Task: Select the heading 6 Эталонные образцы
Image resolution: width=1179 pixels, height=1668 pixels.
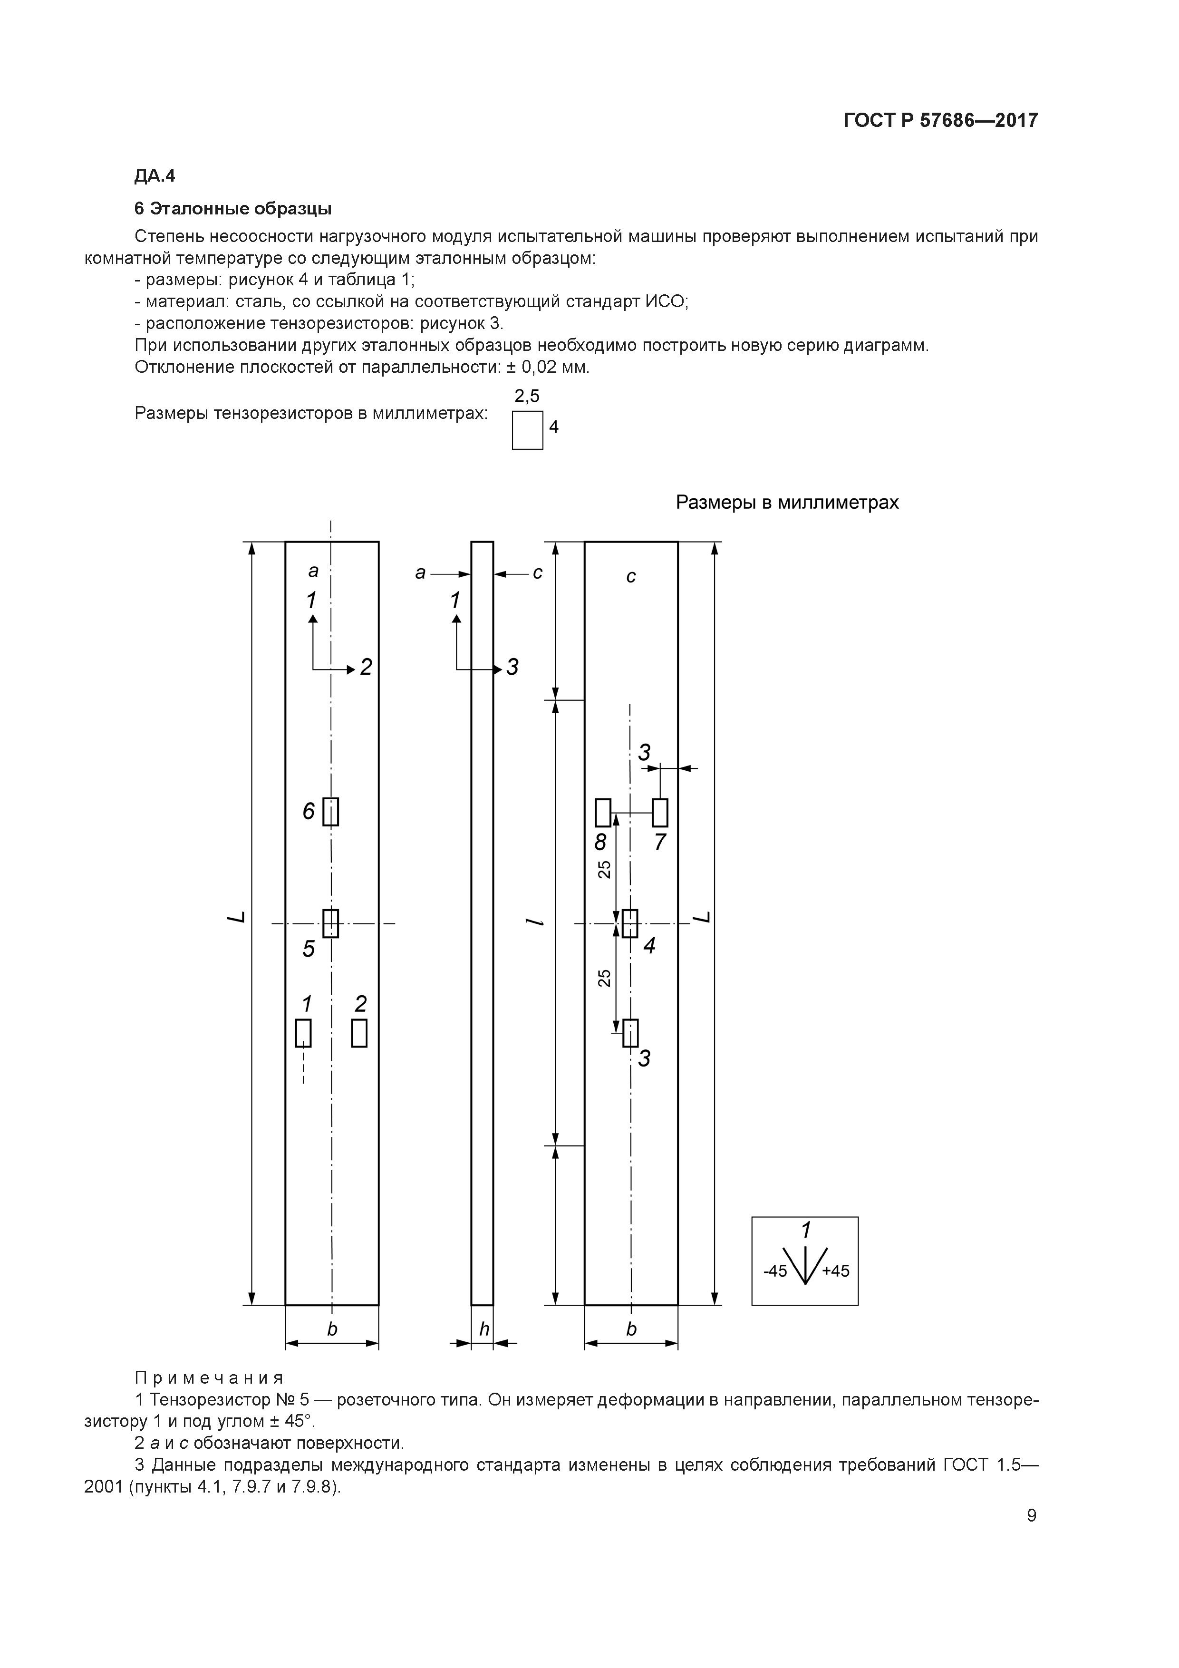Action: (232, 208)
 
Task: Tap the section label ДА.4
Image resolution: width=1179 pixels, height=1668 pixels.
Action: (155, 176)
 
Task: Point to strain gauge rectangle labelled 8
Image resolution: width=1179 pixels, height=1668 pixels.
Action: (603, 812)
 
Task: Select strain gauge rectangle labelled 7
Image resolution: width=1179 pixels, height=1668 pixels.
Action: (659, 812)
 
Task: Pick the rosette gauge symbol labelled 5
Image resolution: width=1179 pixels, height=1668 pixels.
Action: (330, 923)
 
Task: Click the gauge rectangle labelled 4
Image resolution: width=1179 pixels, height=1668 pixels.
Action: (630, 923)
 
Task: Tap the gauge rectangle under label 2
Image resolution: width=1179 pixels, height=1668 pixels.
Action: (359, 1033)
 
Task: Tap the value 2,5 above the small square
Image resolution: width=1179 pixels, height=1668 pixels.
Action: (527, 396)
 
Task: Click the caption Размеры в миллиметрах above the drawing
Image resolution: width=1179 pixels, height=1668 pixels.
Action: (787, 502)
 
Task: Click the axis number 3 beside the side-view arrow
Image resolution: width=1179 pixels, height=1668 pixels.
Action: (512, 667)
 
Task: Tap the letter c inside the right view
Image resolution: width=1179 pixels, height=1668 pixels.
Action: (630, 576)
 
